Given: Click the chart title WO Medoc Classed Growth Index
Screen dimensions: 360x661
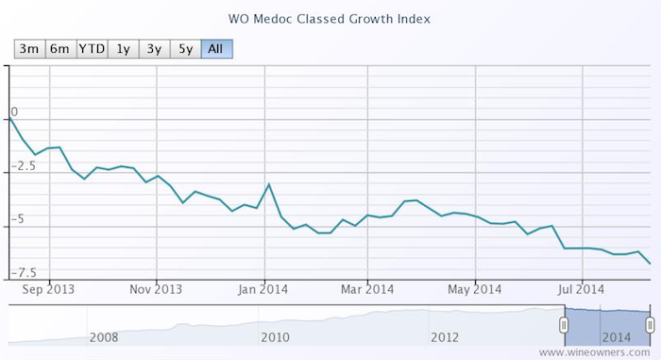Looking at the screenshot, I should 330,18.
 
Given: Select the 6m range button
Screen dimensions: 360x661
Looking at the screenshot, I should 59,48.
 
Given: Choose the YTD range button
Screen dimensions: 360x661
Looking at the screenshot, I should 92,48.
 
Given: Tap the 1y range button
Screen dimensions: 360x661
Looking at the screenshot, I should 123,48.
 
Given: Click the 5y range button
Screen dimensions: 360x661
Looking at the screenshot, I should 185,48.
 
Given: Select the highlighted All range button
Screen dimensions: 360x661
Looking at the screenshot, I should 216,48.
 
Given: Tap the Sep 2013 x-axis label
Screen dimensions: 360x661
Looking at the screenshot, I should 47,289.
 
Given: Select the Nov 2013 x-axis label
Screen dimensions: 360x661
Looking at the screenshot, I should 155,289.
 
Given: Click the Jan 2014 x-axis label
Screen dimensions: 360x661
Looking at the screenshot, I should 262,289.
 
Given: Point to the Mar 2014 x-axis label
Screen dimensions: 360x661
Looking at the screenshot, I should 366,289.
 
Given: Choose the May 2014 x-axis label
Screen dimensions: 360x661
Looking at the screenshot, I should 473,289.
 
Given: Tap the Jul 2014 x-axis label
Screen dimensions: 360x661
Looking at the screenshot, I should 579,289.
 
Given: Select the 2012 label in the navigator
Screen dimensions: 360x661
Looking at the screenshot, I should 445,336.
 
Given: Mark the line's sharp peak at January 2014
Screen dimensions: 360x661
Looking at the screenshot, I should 270,184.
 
